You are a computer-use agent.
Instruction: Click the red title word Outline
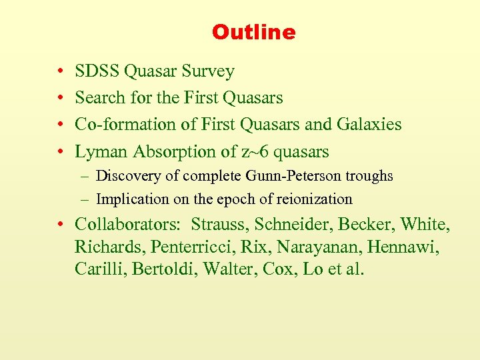(253, 32)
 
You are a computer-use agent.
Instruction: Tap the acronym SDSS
(96, 71)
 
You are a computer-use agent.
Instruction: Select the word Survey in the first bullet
(210, 71)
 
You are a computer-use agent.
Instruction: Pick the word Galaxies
(371, 125)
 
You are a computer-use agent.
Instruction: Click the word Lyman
(101, 152)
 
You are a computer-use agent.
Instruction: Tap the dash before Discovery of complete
(86, 177)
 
